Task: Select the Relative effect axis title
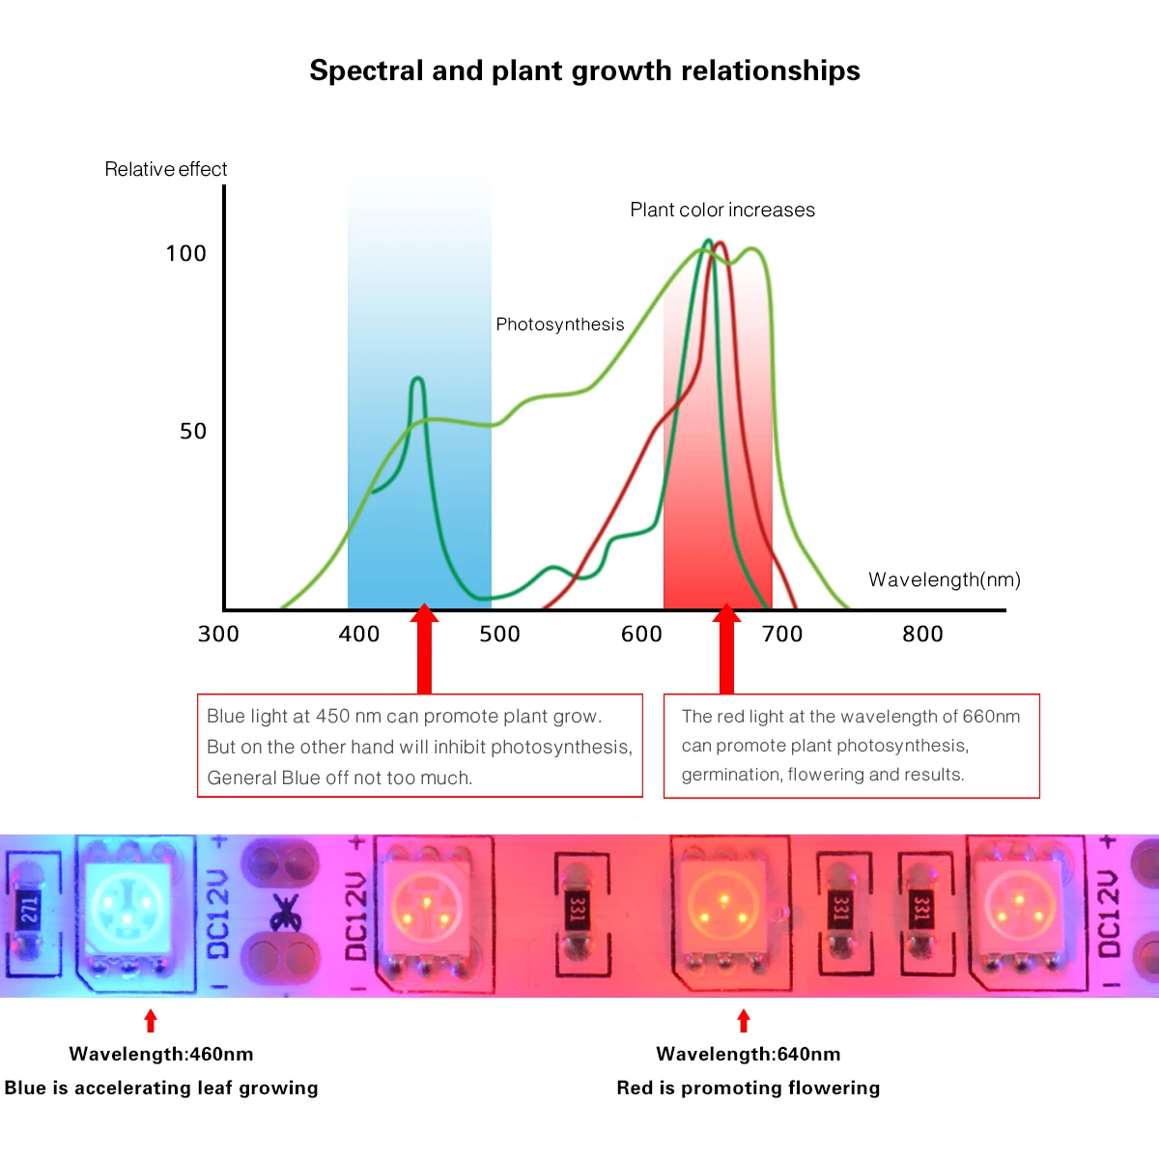point(165,170)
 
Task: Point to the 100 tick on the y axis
point(185,254)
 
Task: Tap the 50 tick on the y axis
point(193,432)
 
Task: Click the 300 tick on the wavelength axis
point(218,635)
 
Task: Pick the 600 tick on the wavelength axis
point(641,635)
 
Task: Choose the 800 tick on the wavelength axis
point(922,635)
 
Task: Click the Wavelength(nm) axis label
point(944,580)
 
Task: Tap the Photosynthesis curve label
point(559,325)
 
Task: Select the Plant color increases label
point(721,211)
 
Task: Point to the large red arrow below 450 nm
point(424,652)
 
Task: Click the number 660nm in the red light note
point(991,717)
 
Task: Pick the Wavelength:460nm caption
point(161,1055)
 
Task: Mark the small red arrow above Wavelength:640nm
point(743,1021)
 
